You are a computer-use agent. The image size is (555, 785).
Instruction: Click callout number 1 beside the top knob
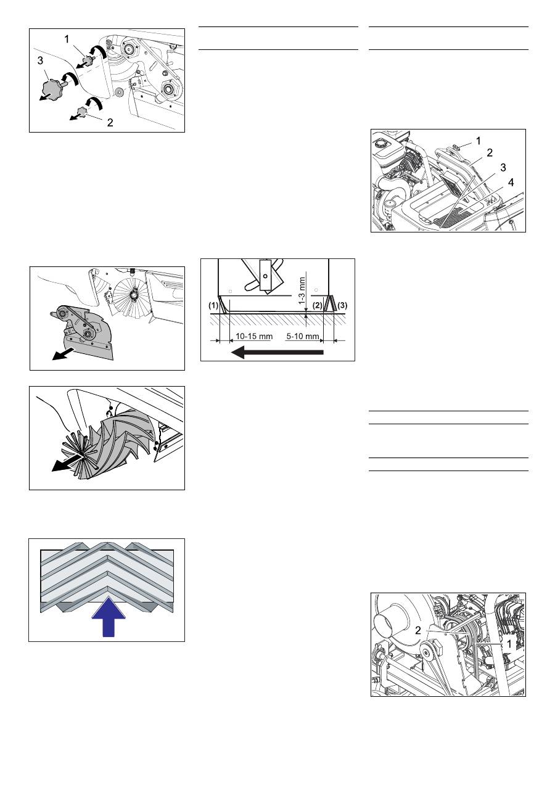(67, 39)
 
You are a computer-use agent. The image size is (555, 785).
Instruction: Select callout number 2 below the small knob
(110, 122)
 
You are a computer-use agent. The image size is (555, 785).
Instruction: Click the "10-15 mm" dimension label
(253, 337)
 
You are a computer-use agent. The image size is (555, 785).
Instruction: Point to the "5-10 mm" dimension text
(303, 337)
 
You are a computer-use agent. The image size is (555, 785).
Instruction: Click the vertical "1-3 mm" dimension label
(303, 290)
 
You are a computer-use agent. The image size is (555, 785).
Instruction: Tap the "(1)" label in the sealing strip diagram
(213, 305)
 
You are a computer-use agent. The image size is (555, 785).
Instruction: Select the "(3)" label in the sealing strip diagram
(342, 305)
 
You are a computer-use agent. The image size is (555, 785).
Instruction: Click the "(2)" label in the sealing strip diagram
(317, 305)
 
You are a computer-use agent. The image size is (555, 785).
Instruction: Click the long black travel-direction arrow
(277, 352)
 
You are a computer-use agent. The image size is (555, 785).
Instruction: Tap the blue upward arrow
(109, 617)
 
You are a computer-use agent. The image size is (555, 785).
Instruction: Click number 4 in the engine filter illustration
(511, 183)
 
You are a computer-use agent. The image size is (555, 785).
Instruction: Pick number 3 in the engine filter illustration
(503, 168)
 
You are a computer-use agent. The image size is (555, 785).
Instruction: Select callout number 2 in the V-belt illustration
(418, 631)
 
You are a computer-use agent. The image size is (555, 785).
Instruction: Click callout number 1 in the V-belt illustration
(509, 644)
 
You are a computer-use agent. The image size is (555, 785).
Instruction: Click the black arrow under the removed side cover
(64, 353)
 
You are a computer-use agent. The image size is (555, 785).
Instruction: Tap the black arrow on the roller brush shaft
(67, 464)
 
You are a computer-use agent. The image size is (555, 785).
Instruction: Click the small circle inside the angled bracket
(266, 276)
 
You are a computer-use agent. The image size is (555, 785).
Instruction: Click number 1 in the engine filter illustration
(479, 141)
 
